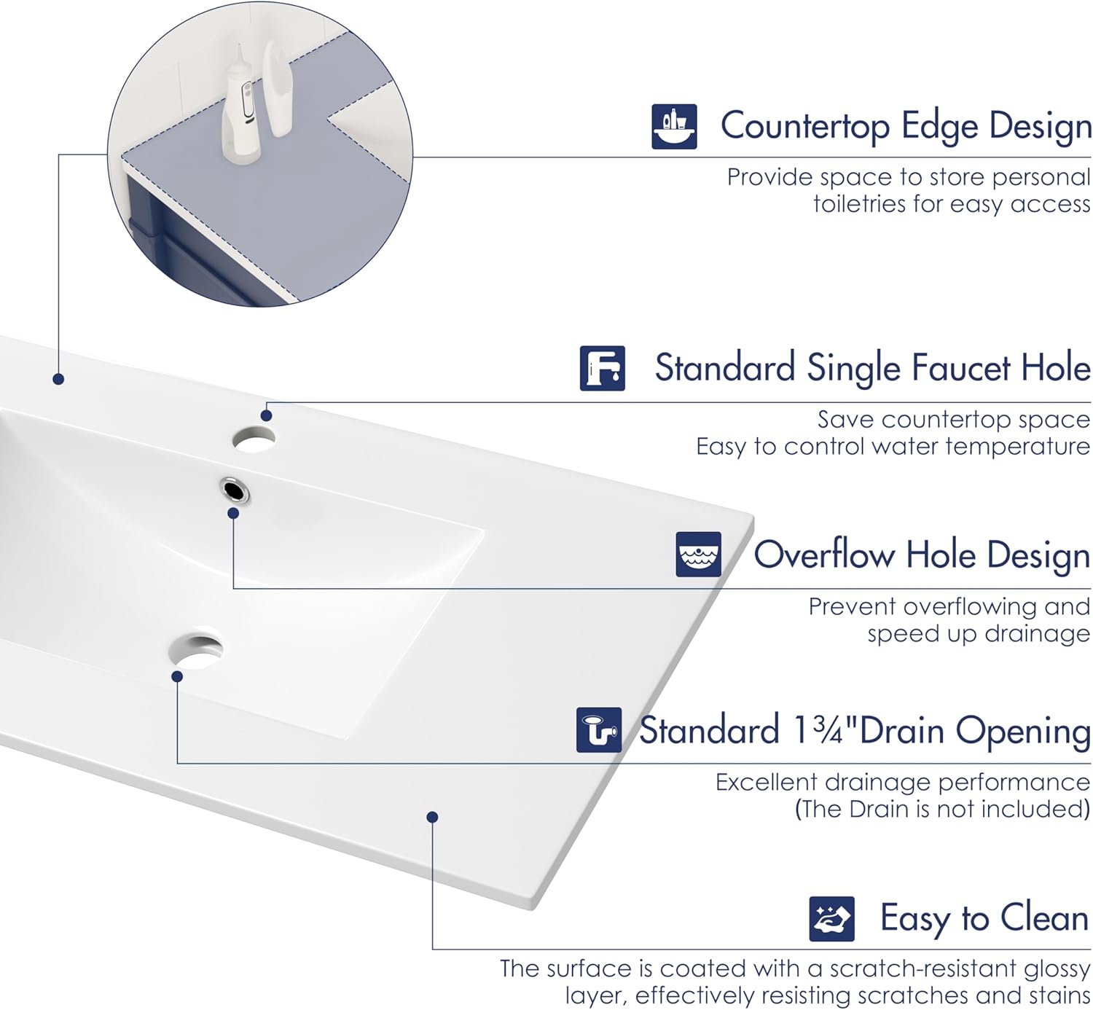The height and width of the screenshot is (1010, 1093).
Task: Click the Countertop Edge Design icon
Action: pyautogui.click(x=674, y=127)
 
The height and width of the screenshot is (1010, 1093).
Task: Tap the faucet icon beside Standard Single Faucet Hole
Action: pyautogui.click(x=602, y=368)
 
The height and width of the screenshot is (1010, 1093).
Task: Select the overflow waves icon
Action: pyautogui.click(x=698, y=555)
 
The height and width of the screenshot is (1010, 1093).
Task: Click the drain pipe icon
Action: pyautogui.click(x=599, y=730)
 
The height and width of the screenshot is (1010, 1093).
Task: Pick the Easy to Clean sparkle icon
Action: pyautogui.click(x=831, y=919)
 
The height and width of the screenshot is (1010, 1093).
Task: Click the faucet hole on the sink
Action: pyautogui.click(x=254, y=439)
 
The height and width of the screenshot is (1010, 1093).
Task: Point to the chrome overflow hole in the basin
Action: pyautogui.click(x=235, y=490)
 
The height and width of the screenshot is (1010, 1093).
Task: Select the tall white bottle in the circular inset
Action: pyautogui.click(x=278, y=88)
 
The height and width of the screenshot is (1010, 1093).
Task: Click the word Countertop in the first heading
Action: pyautogui.click(x=805, y=127)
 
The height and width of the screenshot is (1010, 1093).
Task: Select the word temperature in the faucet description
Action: pyautogui.click(x=1018, y=447)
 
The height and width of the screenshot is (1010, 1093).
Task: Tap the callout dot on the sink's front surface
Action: pyautogui.click(x=433, y=817)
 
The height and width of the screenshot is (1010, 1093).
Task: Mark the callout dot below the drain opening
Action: pyautogui.click(x=177, y=676)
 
